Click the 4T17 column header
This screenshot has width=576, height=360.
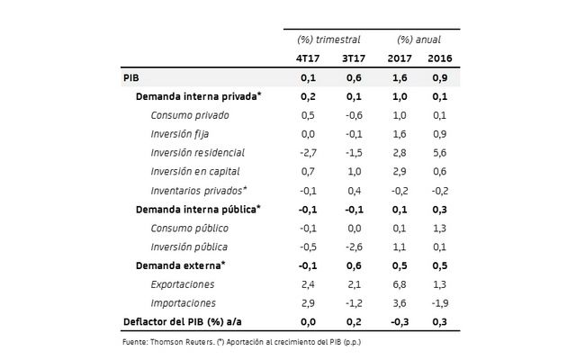pyautogui.click(x=308, y=60)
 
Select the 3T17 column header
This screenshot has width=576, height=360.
pyautogui.click(x=352, y=60)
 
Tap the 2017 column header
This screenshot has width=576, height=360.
pyautogui.click(x=399, y=60)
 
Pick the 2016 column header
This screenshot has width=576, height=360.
pyautogui.click(x=439, y=60)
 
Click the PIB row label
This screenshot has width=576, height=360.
pyautogui.click(x=130, y=78)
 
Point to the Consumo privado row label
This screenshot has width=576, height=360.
pyautogui.click(x=190, y=115)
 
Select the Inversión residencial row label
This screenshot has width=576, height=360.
pyautogui.click(x=198, y=153)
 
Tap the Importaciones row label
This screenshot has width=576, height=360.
pyautogui.click(x=189, y=303)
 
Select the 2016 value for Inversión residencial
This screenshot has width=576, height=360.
pyautogui.click(x=440, y=153)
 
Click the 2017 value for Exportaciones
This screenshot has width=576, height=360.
pyautogui.click(x=400, y=284)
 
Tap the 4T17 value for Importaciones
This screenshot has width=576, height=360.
pyautogui.click(x=307, y=303)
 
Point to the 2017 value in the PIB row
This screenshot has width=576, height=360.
pyautogui.click(x=400, y=78)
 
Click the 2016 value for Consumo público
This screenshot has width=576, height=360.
pyautogui.click(x=440, y=228)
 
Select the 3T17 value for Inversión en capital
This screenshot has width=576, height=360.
pyautogui.click(x=354, y=172)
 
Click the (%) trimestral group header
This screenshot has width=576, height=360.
pyautogui.click(x=328, y=40)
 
